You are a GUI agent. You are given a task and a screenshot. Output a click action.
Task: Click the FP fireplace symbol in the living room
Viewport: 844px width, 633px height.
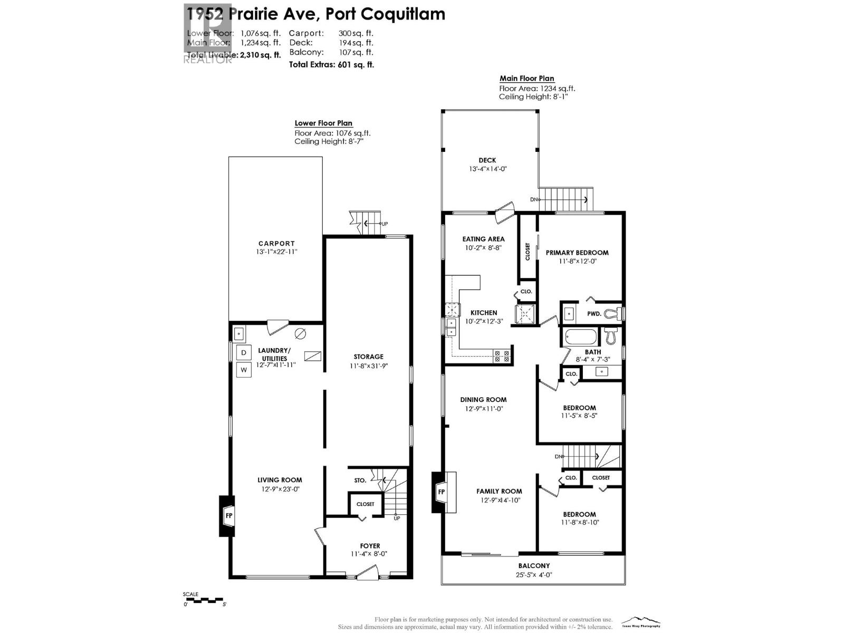[x=229, y=515]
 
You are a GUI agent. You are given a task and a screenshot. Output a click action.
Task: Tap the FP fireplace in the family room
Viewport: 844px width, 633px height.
[x=441, y=492]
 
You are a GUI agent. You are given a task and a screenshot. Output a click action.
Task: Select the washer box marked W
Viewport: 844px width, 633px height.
[x=244, y=370]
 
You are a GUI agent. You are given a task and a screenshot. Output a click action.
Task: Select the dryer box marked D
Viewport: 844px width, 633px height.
[x=244, y=352]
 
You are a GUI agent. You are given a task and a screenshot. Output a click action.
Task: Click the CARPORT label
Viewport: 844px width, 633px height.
[x=276, y=244]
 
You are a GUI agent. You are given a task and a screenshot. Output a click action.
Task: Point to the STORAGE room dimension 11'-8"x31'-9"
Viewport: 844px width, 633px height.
[x=368, y=366]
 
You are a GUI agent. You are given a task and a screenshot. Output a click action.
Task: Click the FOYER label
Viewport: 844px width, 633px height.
[x=370, y=546]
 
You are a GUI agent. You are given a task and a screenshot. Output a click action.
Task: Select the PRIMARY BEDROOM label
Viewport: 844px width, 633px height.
[x=577, y=253]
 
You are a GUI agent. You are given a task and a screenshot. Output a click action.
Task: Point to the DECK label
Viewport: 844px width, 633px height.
[x=487, y=160]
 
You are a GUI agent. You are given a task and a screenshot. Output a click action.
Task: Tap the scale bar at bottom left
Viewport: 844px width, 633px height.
[x=205, y=600]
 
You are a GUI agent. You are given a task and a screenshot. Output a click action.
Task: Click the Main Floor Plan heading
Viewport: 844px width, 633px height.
[x=526, y=79]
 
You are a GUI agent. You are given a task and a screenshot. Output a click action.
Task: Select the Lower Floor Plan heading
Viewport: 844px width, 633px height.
[x=323, y=123]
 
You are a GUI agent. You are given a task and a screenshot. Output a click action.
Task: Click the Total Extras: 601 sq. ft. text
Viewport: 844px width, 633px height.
[x=331, y=65]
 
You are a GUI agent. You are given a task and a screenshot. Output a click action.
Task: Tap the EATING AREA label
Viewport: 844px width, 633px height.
[x=483, y=239]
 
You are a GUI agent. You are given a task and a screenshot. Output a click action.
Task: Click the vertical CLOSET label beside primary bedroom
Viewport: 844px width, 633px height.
[x=527, y=252]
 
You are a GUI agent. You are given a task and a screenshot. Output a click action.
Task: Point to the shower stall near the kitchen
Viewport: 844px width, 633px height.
[x=525, y=313]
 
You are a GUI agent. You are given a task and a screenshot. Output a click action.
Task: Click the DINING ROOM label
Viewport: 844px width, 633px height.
[x=483, y=400]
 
